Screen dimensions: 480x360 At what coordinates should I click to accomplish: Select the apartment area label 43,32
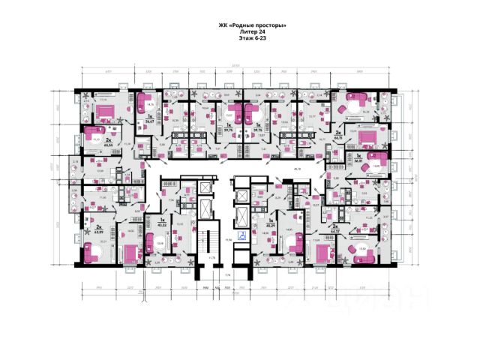161,226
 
